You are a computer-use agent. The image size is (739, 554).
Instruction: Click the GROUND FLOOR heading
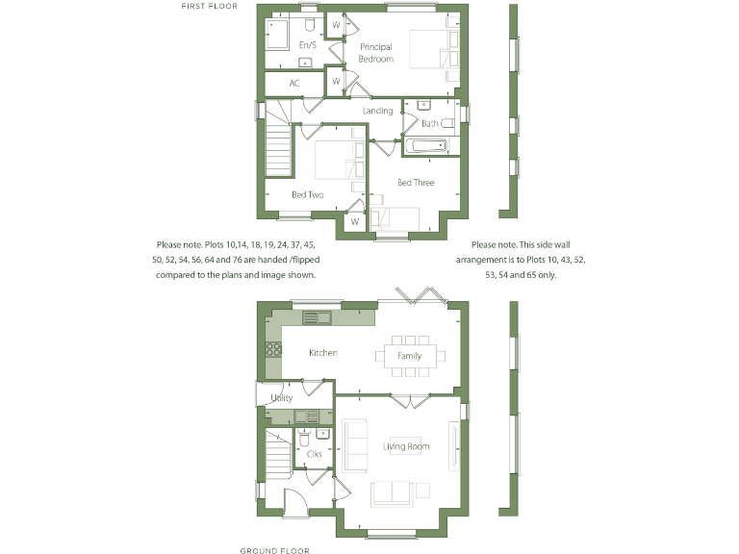pos(274,550)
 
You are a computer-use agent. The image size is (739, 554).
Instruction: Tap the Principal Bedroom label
pos(376,53)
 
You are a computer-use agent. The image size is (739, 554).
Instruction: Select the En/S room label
pos(308,45)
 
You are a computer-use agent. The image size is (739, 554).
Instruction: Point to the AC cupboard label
pos(294,84)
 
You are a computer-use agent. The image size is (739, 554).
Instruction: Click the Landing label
pos(377,111)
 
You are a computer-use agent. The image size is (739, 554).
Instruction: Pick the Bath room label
pos(429,123)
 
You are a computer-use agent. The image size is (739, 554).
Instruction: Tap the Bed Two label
pos(308,195)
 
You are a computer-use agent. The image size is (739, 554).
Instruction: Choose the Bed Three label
pos(416,183)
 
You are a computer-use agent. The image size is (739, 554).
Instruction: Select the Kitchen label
pos(323,353)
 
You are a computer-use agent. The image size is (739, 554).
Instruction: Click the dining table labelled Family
pos(410,356)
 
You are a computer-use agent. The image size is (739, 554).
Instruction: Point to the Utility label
pos(282,397)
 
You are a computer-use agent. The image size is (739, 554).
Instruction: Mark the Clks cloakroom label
pos(314,453)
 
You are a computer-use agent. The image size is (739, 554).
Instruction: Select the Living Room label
pos(406,446)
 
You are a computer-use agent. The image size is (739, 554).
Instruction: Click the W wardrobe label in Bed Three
pos(354,222)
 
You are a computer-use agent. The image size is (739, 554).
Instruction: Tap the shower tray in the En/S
pos(277,36)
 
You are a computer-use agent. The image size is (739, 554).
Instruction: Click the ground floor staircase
pos(277,453)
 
